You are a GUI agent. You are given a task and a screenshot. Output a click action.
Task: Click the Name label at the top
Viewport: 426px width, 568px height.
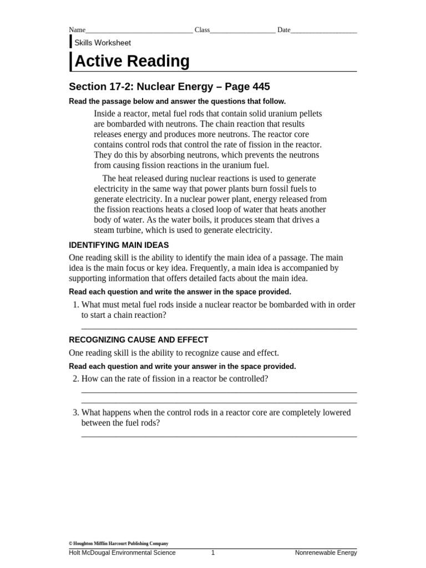[x=77, y=30]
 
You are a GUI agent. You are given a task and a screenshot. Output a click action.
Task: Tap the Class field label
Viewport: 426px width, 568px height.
[x=202, y=30]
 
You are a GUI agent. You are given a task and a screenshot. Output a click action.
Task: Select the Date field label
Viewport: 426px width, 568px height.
[x=283, y=30]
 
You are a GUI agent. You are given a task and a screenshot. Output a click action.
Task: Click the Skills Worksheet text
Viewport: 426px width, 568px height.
[x=103, y=43]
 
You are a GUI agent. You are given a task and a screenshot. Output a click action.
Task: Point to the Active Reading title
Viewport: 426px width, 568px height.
[x=132, y=62]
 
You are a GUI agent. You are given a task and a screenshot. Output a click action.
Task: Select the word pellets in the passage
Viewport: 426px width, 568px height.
[x=308, y=113]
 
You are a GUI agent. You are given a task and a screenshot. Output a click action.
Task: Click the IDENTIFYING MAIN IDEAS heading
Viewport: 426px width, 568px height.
[x=119, y=245]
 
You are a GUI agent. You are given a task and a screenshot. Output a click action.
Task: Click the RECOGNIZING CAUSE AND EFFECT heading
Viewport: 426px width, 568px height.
[x=139, y=340]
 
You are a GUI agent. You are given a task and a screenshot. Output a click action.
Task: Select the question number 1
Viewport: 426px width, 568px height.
[x=75, y=305]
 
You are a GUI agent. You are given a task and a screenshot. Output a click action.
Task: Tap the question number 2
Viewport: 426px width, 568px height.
[x=75, y=379]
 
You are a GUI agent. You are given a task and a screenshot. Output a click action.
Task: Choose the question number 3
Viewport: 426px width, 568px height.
[x=75, y=413]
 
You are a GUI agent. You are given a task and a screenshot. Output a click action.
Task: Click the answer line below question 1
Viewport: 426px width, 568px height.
[x=219, y=328]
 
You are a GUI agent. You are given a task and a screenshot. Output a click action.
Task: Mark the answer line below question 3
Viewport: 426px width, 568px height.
[x=219, y=437]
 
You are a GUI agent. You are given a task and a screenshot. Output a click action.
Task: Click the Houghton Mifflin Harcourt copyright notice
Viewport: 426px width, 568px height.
[x=118, y=544]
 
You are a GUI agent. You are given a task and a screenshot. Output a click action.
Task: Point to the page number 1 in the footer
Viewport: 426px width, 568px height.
[x=213, y=552]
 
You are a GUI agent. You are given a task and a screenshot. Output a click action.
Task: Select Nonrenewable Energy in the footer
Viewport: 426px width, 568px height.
[x=326, y=552]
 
